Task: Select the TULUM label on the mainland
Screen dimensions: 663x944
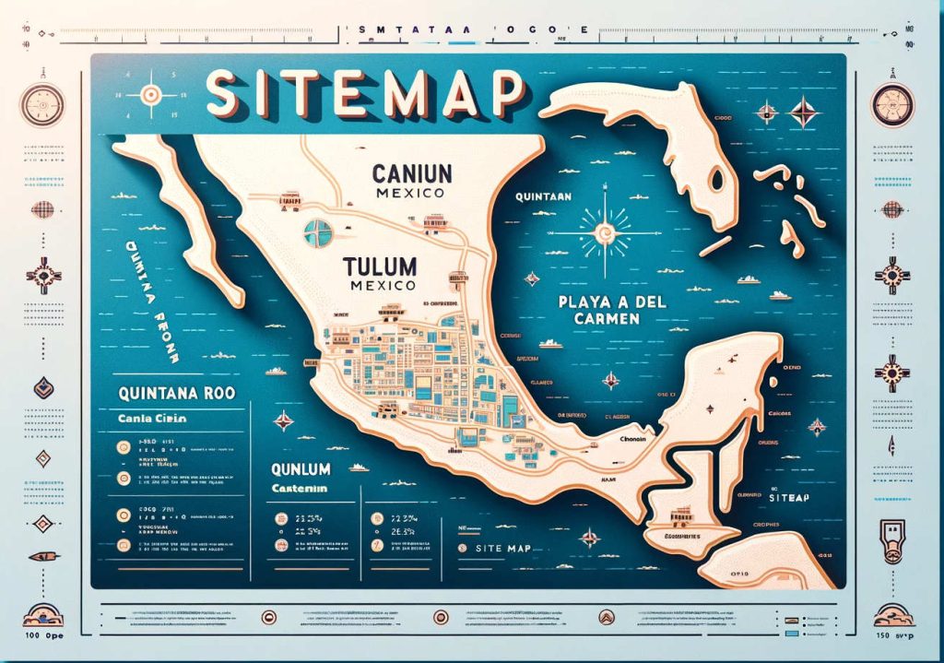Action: [x=379, y=266]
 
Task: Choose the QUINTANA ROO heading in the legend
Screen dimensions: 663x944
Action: [x=177, y=392]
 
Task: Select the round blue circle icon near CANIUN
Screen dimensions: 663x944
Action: [x=316, y=231]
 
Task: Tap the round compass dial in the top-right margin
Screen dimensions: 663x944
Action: [x=891, y=98]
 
